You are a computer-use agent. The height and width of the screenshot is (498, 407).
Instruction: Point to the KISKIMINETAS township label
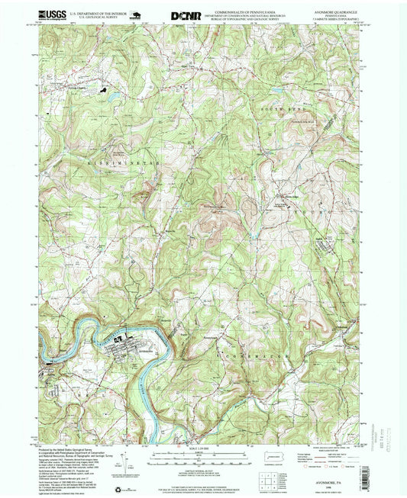107,162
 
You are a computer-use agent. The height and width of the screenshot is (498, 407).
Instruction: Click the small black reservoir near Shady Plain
115,97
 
